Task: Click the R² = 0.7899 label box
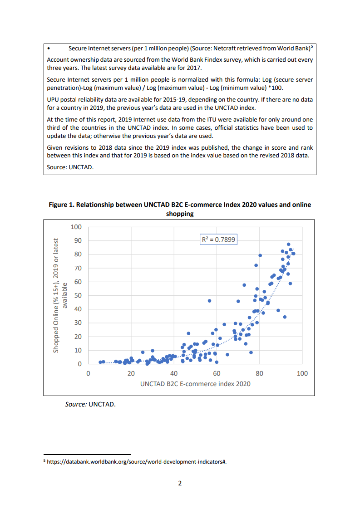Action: tap(218, 239)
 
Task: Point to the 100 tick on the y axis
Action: tap(76, 227)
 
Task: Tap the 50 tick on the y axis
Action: tap(78, 296)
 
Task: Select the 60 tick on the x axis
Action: tap(217, 373)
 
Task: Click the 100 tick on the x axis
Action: tap(302, 373)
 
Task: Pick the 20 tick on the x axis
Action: tap(131, 373)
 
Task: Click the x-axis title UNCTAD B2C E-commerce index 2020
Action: tap(195, 384)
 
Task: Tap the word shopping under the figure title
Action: tap(180, 214)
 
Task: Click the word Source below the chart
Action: tap(76, 404)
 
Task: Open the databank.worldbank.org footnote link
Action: tap(136, 461)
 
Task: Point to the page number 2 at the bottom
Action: tap(180, 483)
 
